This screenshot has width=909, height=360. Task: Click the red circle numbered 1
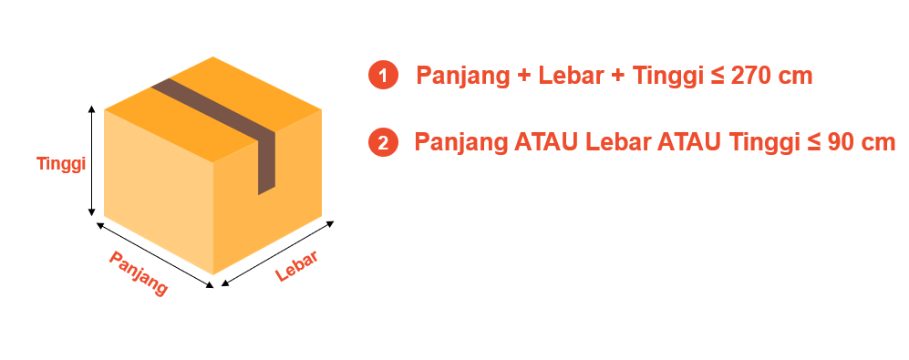click(x=383, y=76)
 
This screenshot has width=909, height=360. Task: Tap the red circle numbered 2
click(x=383, y=142)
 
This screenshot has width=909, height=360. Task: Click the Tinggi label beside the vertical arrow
click(x=61, y=164)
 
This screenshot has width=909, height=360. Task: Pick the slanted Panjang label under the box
click(x=139, y=273)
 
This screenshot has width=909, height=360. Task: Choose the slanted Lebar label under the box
click(x=297, y=266)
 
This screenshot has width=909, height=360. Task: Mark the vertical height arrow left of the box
click(x=91, y=161)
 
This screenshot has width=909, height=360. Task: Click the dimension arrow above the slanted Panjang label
click(x=155, y=254)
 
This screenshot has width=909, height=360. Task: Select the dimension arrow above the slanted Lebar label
click(x=278, y=253)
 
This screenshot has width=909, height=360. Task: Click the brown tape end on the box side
click(x=266, y=163)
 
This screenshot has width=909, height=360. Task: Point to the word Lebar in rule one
click(x=571, y=76)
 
